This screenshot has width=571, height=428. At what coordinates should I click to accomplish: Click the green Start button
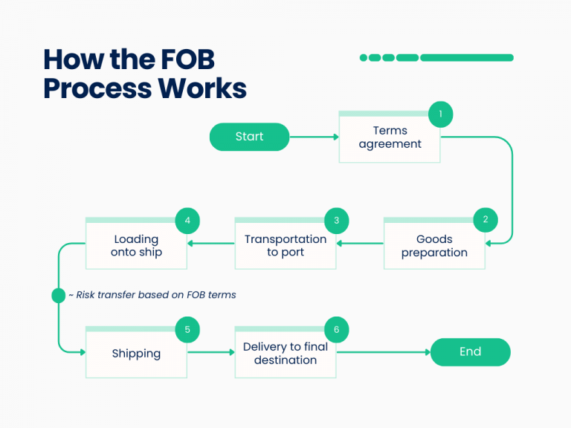[249, 137]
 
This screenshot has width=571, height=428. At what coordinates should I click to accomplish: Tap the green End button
[470, 352]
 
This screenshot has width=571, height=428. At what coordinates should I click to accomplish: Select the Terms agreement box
[390, 138]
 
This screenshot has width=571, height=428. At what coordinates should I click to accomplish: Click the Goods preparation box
[434, 246]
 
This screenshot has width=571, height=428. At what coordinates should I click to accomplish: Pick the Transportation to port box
[285, 246]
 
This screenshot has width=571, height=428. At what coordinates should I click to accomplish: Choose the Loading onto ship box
[136, 246]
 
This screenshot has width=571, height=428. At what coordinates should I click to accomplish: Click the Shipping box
[136, 354]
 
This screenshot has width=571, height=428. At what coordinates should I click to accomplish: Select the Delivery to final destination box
[285, 354]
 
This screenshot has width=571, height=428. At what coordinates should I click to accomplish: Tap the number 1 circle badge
[440, 114]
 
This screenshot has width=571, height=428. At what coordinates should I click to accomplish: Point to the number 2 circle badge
[485, 220]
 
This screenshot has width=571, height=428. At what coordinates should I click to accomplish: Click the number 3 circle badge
[336, 220]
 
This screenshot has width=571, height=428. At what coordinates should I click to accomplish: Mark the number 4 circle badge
[187, 220]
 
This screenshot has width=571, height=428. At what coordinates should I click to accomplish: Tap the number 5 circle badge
[187, 328]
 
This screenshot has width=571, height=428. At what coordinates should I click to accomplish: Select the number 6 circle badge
[336, 328]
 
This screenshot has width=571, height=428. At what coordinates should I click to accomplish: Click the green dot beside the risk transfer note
[59, 295]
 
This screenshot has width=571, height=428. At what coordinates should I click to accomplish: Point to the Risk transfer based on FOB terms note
[152, 295]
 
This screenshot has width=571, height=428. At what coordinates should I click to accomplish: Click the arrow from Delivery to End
[384, 352]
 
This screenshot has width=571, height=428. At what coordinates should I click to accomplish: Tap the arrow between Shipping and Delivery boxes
[210, 352]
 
